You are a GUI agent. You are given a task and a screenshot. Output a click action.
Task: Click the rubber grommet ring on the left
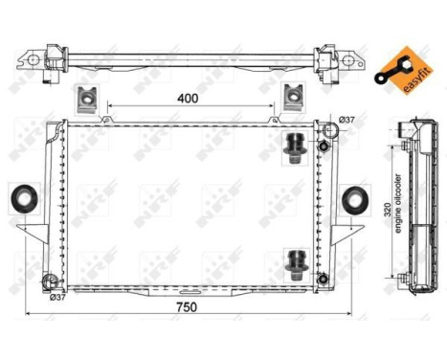pos(21,199)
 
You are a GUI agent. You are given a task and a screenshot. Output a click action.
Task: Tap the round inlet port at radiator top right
pos(324,146)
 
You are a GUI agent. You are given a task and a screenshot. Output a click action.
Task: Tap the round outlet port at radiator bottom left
pos(50,281)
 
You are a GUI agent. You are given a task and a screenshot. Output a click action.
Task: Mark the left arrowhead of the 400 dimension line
pos(111,105)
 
